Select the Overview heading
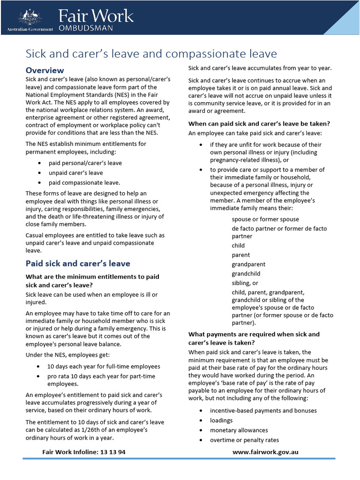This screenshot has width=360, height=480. [45, 70]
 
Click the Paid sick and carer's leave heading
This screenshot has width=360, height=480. [78, 263]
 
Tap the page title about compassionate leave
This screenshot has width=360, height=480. [151, 53]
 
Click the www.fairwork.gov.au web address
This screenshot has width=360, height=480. [265, 452]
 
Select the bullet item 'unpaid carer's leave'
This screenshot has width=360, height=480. [75, 173]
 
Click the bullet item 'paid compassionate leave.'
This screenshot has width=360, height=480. [84, 183]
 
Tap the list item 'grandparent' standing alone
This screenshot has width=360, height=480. [248, 264]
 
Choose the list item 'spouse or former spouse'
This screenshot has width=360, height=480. [265, 219]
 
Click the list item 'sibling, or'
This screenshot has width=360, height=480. [245, 283]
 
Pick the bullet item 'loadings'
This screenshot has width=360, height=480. [221, 420]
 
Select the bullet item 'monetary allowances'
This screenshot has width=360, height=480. [239, 430]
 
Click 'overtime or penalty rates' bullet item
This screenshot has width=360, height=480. [244, 440]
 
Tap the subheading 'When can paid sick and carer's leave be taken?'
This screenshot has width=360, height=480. [259, 124]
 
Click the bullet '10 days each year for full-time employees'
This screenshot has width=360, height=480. [104, 367]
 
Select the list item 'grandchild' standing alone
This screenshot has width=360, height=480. [246, 274]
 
